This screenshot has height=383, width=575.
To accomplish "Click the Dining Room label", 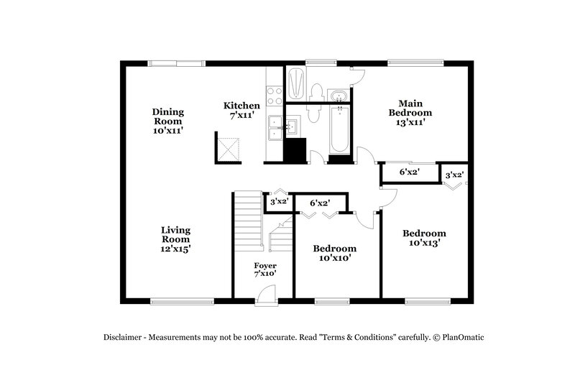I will (167, 121).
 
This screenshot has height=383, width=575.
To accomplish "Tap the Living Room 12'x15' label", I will (175, 239).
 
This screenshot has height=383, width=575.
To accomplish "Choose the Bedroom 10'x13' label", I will (423, 238).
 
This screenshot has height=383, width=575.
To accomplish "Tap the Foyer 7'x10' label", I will (264, 269).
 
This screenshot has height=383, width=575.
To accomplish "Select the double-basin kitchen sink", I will (274, 128).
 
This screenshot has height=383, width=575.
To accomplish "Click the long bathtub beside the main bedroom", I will (339, 129).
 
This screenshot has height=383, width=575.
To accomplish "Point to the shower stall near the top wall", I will (295, 83).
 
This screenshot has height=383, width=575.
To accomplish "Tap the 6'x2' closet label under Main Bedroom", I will (409, 172).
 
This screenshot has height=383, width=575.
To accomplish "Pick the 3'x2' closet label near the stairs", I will (278, 202).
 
